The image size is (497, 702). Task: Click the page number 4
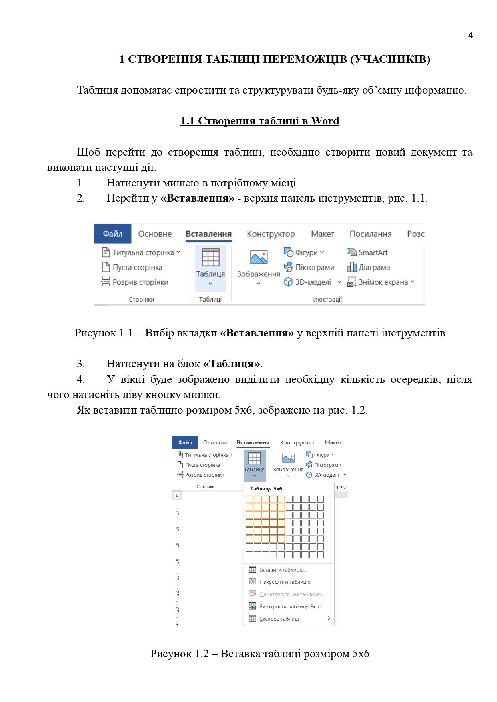470,36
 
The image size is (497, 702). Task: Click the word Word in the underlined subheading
325,121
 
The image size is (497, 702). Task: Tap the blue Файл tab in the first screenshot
113,234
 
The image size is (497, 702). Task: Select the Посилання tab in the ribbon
370,234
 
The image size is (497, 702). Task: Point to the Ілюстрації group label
327,299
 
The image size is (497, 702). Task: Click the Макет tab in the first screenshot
323,234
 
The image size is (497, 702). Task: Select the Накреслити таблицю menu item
285,582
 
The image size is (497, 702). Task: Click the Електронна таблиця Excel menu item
290,606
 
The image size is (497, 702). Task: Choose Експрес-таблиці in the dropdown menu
279,619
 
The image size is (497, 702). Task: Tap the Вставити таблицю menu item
283,570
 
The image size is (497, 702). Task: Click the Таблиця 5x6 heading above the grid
266,488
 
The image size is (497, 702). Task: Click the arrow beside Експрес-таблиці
329,618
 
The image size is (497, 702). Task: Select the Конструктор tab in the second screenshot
297,442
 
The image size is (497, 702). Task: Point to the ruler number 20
177,561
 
